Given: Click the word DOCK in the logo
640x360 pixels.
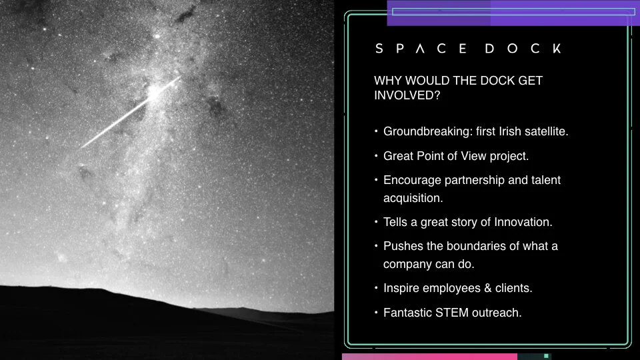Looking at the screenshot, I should (x=523, y=49).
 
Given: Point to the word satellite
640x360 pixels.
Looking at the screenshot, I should (x=545, y=131).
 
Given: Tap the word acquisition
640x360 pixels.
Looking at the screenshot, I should (x=413, y=198).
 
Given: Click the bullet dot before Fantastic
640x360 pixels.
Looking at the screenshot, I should (x=377, y=312).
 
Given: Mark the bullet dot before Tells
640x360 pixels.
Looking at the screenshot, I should (x=377, y=222).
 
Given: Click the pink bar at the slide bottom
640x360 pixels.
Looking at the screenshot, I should (x=429, y=357).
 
